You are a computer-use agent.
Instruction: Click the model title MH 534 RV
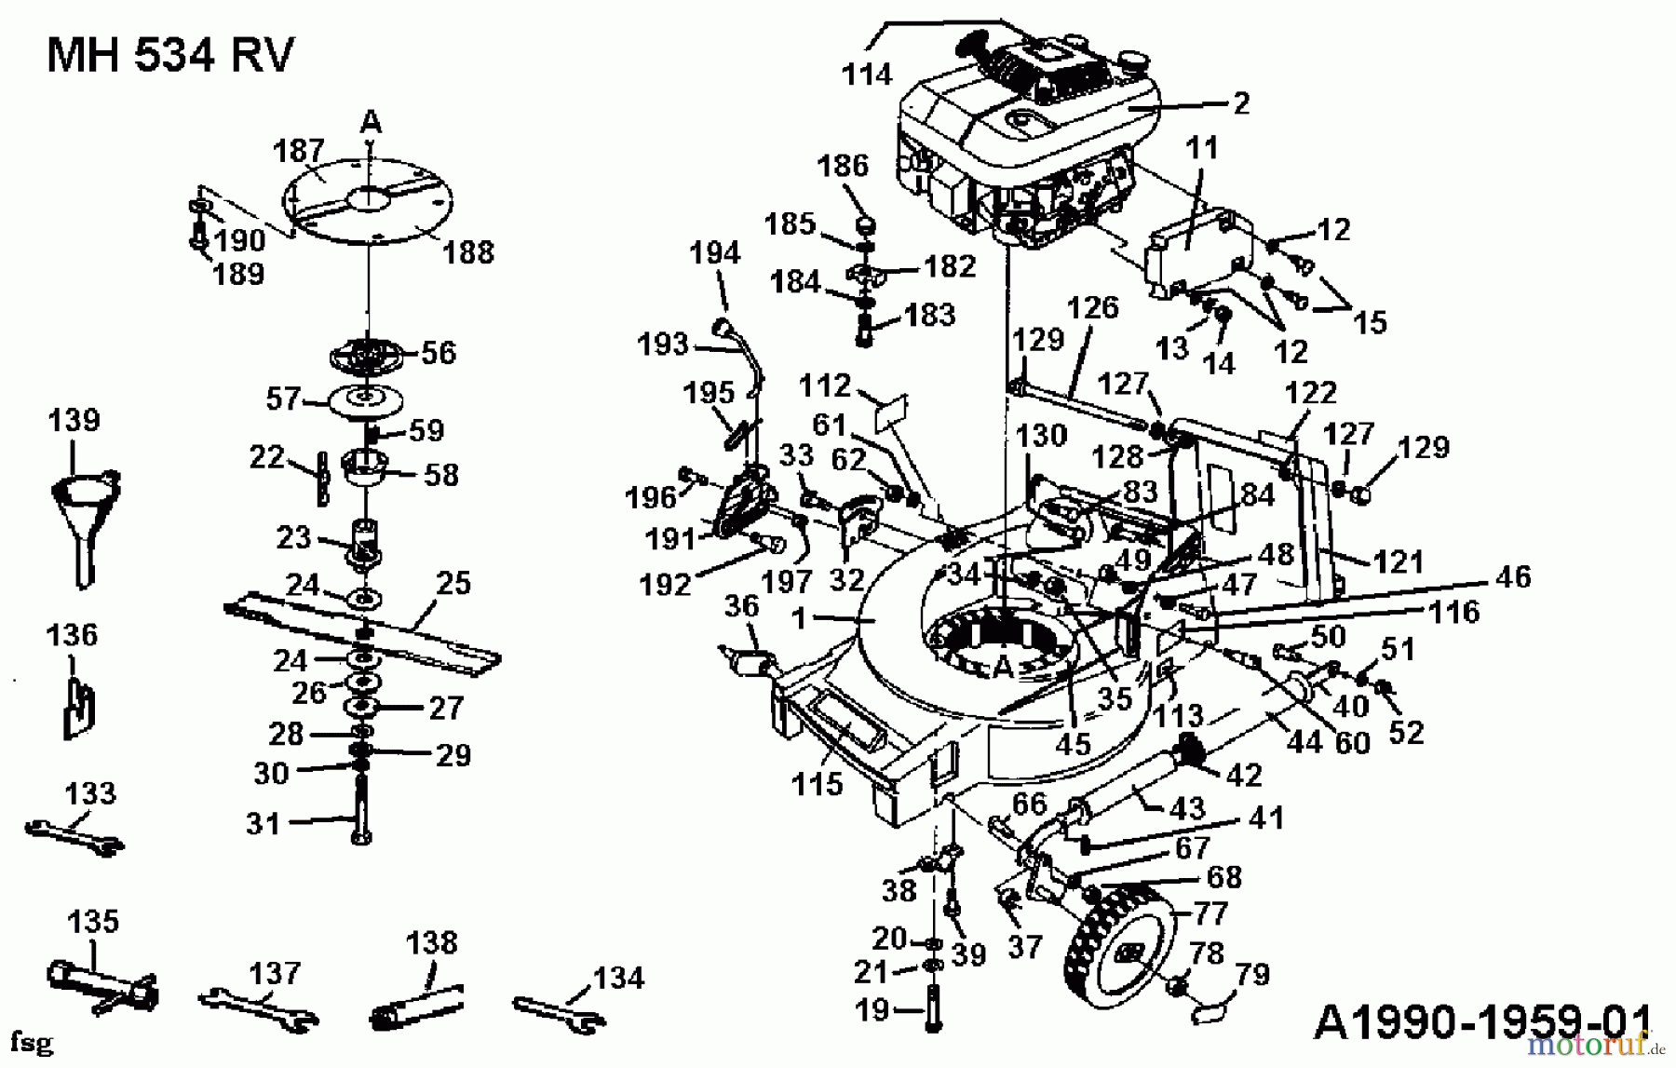169,56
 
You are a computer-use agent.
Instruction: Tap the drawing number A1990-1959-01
1480,1022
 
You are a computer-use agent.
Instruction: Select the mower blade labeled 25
363,633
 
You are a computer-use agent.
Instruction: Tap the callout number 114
866,74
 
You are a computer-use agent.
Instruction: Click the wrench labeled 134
559,1015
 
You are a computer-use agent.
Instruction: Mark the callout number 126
1092,307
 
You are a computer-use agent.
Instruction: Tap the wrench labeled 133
73,835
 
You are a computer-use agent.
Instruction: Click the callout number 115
817,784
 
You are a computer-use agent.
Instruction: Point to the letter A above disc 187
371,122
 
